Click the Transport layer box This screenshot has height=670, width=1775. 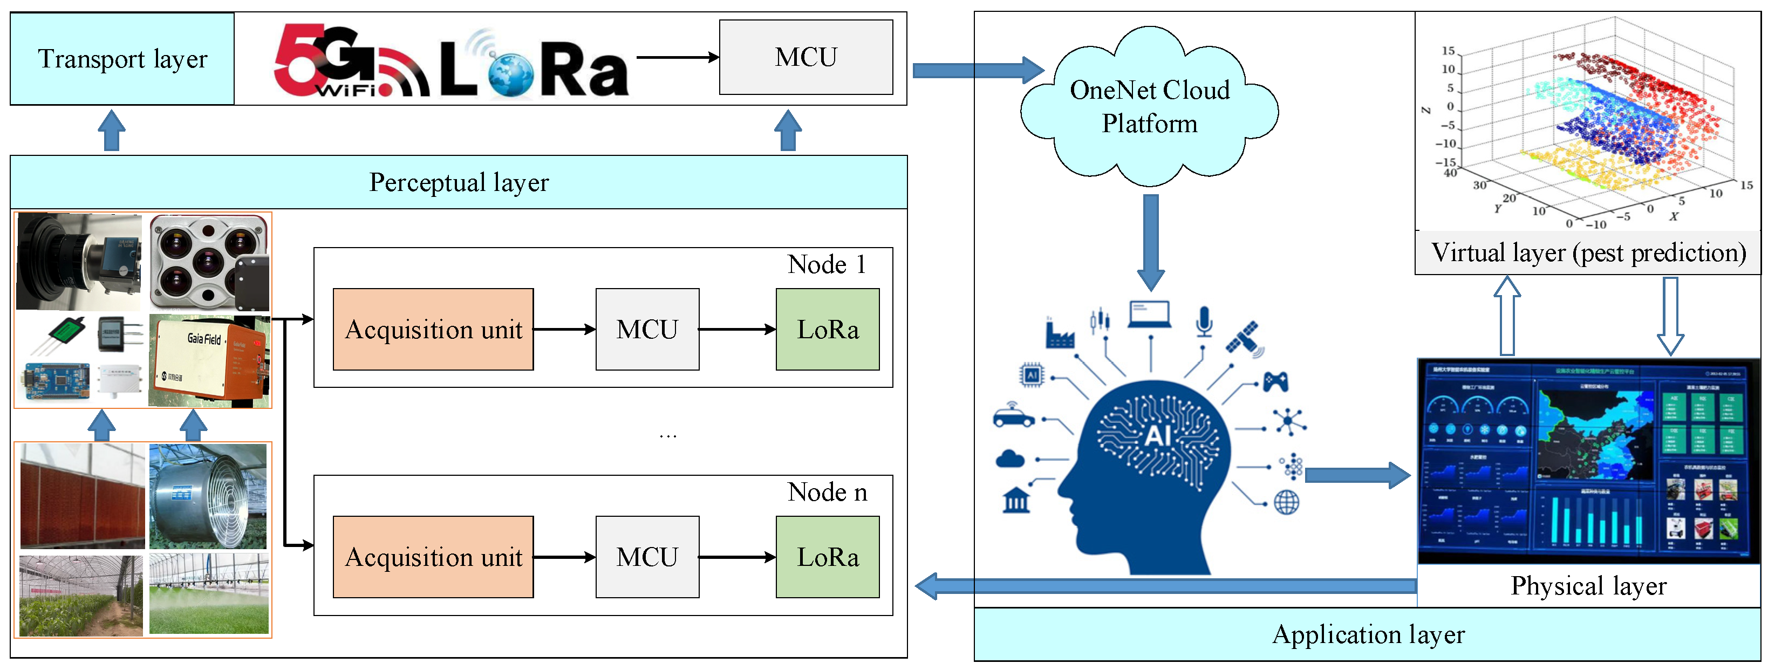[x=122, y=59]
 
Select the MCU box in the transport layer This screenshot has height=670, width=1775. [x=805, y=57]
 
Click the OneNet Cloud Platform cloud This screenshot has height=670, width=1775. [x=1149, y=107]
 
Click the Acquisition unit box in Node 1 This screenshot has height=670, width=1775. [x=433, y=330]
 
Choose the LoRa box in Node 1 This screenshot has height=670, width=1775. [x=827, y=330]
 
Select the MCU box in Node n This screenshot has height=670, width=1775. [x=647, y=557]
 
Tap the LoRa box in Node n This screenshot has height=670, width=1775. [x=827, y=557]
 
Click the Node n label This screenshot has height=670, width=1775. [x=827, y=492]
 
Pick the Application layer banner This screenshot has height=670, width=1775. [x=1368, y=634]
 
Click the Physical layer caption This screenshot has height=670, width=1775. [x=1588, y=586]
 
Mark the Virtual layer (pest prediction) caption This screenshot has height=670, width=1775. [x=1588, y=253]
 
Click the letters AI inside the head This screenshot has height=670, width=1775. [x=1158, y=436]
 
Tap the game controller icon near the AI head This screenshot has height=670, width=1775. [x=1275, y=381]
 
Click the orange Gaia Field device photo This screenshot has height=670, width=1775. [x=209, y=360]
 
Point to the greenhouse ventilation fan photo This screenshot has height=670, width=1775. [x=208, y=496]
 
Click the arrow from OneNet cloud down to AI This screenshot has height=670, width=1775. [x=1151, y=241]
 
